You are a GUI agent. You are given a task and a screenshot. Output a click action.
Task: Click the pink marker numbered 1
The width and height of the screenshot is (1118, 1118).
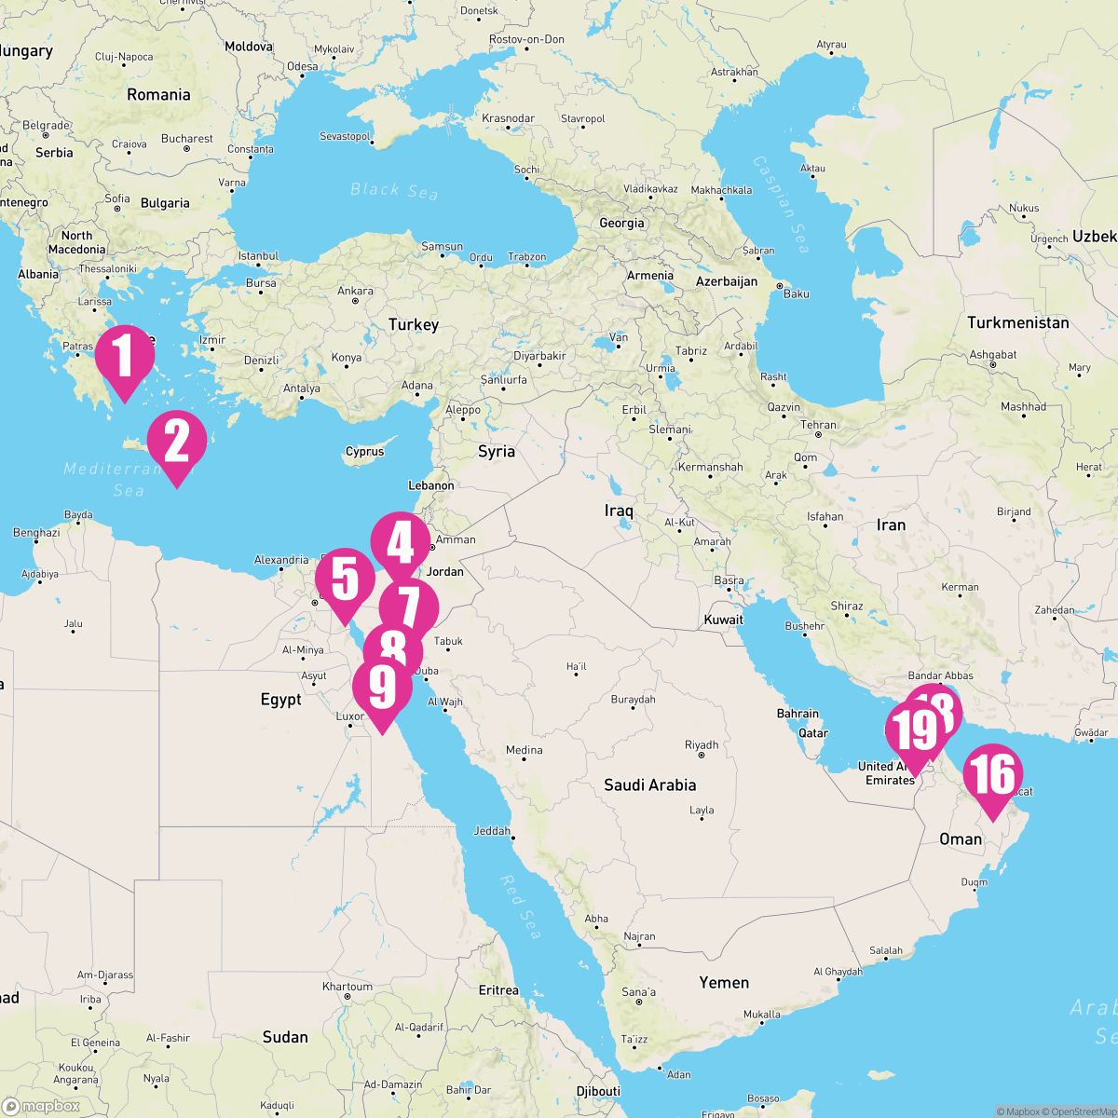[125, 357]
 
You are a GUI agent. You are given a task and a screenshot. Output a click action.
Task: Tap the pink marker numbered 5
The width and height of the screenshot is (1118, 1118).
[345, 579]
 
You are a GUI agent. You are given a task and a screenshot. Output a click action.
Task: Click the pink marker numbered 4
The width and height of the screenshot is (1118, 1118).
[401, 543]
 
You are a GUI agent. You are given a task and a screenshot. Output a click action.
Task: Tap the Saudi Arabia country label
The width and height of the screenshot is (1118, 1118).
[649, 785]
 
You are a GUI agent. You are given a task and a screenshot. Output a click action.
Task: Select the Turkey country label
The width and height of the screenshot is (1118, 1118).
[413, 324]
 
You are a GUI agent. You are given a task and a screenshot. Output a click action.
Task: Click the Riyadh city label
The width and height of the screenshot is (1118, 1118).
[702, 744]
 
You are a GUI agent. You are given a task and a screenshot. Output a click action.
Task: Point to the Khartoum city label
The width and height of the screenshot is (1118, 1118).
[347, 987]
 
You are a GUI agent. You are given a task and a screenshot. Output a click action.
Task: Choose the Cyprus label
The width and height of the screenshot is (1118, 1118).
[364, 452]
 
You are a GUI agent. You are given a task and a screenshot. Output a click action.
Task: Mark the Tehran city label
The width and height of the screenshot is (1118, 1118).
[819, 425]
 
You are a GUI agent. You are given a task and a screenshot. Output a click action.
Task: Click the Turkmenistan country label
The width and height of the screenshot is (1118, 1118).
[1017, 322]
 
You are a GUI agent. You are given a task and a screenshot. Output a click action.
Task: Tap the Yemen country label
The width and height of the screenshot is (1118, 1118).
[724, 982]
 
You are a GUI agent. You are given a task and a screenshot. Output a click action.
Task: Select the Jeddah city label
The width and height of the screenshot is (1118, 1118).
[492, 830]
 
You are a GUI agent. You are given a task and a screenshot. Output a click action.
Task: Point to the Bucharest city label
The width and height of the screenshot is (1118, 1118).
[186, 139]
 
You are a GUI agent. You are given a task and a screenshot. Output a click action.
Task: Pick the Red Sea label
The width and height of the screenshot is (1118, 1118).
[520, 907]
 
